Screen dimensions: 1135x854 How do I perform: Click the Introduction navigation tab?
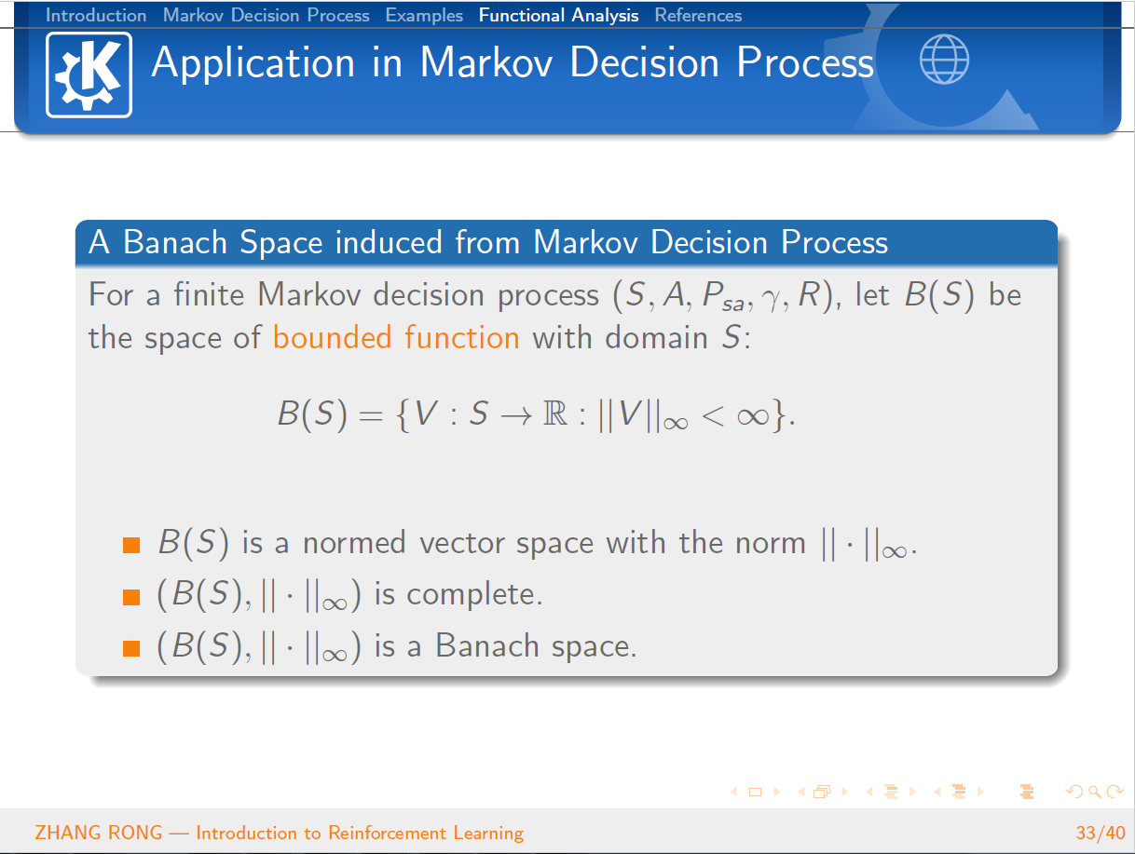click(x=96, y=16)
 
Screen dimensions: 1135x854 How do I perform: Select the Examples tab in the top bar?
click(x=424, y=16)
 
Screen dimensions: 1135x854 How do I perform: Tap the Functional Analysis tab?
click(x=558, y=16)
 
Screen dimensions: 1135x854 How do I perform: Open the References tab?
click(x=698, y=16)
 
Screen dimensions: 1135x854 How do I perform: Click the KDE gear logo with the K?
click(x=89, y=75)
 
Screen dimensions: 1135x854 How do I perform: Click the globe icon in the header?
click(x=944, y=59)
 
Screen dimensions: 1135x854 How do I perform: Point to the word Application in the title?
click(x=253, y=63)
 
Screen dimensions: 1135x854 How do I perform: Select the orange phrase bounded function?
click(x=396, y=338)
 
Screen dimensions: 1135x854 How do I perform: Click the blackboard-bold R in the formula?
click(x=555, y=413)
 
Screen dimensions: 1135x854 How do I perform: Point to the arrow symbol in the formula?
click(x=516, y=415)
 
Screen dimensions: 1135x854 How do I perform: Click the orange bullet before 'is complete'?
click(x=131, y=597)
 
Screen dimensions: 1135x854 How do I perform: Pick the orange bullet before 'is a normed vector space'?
click(x=131, y=545)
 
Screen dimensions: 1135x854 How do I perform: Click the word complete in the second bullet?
click(x=474, y=595)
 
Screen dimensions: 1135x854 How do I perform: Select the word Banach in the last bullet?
click(x=487, y=645)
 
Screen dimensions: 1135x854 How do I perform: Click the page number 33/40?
click(x=1101, y=833)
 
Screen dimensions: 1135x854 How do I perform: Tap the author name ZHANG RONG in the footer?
click(x=98, y=833)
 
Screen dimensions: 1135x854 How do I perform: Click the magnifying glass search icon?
click(x=1094, y=792)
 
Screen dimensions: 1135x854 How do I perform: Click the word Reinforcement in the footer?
click(x=388, y=833)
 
